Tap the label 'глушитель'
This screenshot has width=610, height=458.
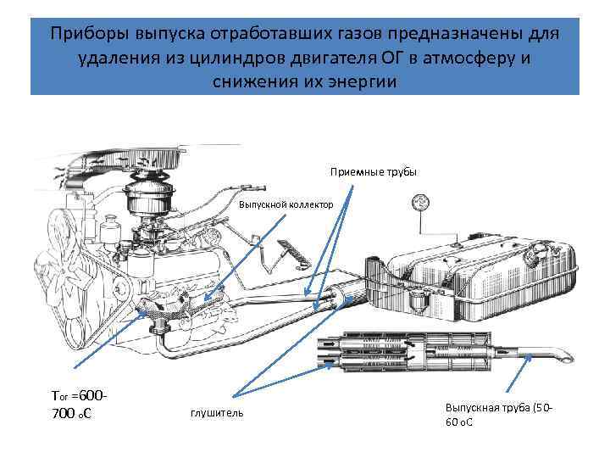click(217, 412)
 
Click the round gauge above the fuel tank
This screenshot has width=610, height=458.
click(419, 204)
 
